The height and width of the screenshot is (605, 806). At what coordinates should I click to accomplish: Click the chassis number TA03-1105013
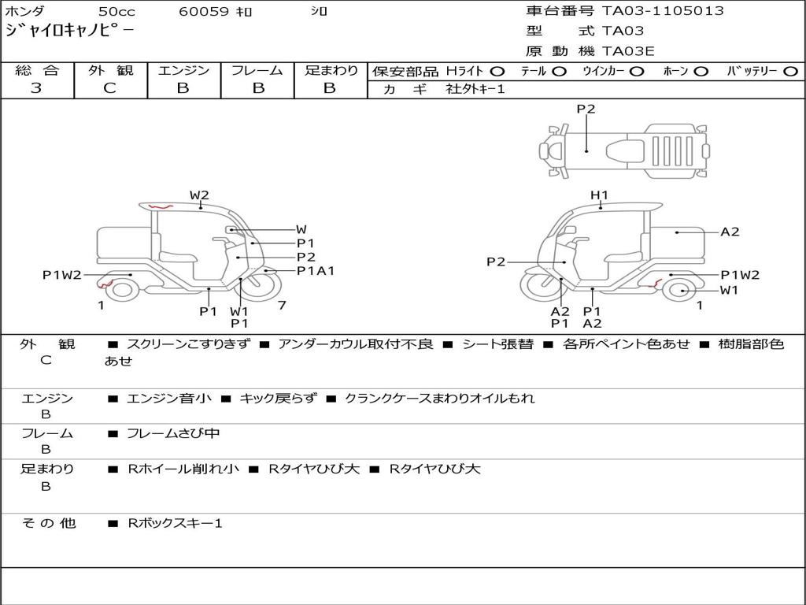tap(663, 11)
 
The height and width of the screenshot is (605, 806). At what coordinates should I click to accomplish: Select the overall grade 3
tap(36, 88)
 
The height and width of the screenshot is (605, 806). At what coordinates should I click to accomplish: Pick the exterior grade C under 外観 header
tap(110, 88)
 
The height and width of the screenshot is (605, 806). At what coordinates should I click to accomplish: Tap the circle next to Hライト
tap(497, 72)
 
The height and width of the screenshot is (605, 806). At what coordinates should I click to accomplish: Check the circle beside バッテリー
tap(790, 72)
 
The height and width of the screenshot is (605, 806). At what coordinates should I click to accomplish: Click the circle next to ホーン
tap(701, 72)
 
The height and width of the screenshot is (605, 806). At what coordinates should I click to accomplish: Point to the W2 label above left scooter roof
tap(199, 195)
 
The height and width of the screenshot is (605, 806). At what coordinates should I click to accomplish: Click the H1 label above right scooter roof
tap(599, 195)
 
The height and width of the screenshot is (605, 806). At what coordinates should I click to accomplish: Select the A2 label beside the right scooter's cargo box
tap(730, 232)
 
